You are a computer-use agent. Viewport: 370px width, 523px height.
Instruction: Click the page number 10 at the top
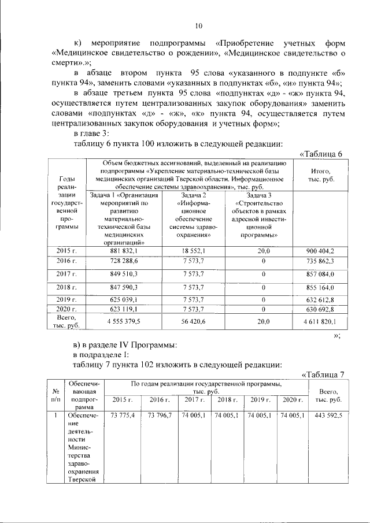point(198,25)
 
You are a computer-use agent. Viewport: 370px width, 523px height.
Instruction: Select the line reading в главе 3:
point(94,133)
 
